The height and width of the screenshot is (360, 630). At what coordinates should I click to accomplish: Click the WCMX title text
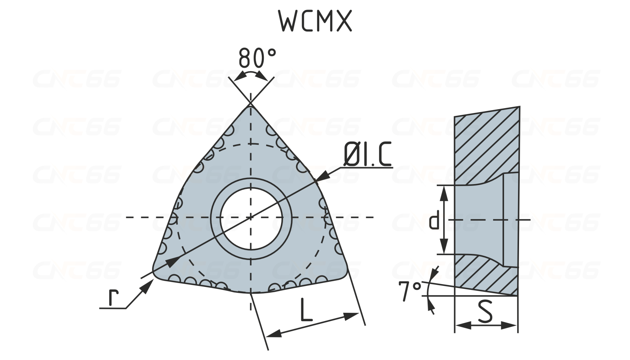point(315,21)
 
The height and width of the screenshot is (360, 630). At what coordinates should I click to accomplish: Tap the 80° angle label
point(257,57)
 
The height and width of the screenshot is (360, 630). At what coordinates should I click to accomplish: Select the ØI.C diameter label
point(367,155)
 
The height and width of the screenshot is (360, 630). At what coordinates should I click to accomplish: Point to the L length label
point(307,310)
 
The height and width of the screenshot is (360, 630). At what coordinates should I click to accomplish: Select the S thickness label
point(485,311)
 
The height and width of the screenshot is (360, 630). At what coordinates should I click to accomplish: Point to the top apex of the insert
point(251,104)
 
